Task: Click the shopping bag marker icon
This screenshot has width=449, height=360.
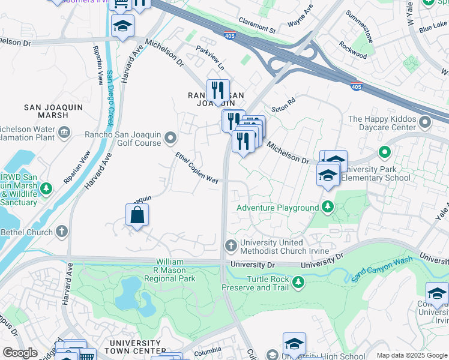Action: coord(137,215)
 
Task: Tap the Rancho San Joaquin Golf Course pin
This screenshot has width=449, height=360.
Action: coord(170,139)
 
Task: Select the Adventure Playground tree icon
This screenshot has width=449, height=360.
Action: coord(327,208)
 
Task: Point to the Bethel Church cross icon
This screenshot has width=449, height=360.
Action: coord(62,232)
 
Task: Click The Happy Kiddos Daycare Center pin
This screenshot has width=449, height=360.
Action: coord(425,123)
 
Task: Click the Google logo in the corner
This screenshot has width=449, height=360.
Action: coord(20,353)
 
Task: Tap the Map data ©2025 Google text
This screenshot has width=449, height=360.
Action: coord(412,355)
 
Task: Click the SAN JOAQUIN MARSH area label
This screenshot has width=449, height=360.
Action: coord(53,111)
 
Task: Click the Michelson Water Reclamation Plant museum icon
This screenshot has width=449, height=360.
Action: coord(64,131)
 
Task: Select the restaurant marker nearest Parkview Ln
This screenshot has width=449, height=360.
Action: coord(218,91)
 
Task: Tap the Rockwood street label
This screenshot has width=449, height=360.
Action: coord(352,50)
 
